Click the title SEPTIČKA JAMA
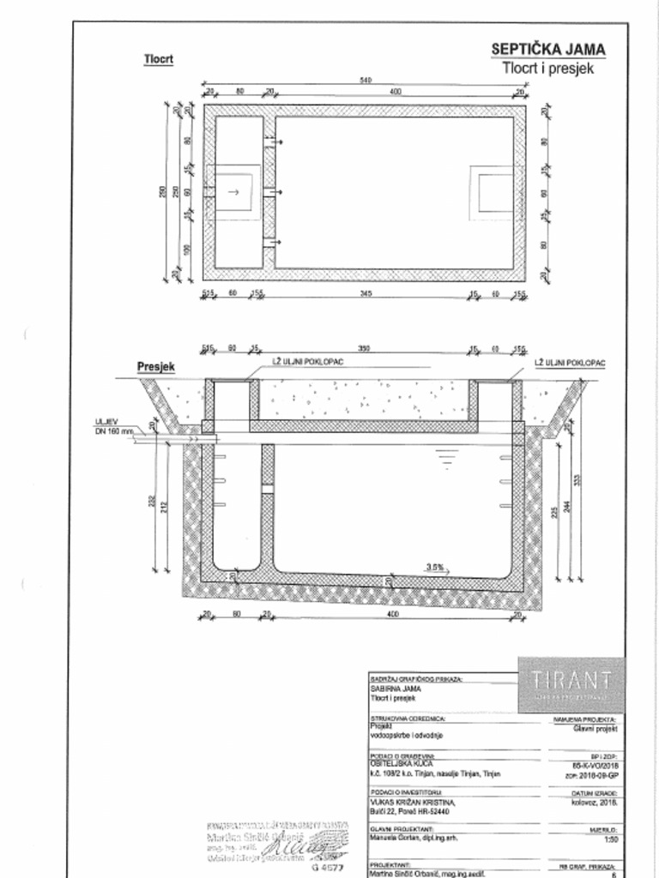pyautogui.click(x=547, y=50)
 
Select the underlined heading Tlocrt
pyautogui.click(x=158, y=60)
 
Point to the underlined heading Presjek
pyautogui.click(x=156, y=366)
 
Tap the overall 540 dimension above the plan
pyautogui.click(x=366, y=81)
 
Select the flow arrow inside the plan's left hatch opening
pyautogui.click(x=231, y=191)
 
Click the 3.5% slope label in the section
pyautogui.click(x=435, y=567)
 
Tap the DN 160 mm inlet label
pyautogui.click(x=114, y=430)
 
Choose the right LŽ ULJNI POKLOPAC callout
pyautogui.click(x=570, y=363)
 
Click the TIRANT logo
pyautogui.click(x=571, y=683)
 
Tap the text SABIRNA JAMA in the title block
pyautogui.click(x=390, y=689)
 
